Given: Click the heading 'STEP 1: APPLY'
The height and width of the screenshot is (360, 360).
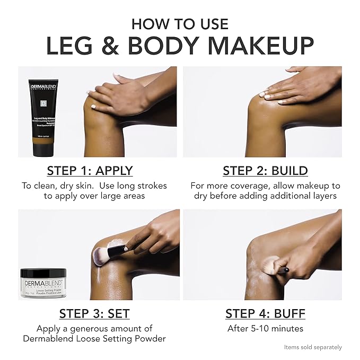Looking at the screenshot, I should coord(90,170).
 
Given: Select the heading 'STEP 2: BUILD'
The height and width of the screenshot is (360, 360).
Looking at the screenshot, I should coord(265,170).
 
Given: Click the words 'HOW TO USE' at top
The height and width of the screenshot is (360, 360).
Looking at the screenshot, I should coord(180,24).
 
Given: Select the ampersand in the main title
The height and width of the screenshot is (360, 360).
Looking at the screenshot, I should coord(107,46).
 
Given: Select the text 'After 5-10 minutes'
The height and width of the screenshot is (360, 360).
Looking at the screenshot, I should coord(265,329).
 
